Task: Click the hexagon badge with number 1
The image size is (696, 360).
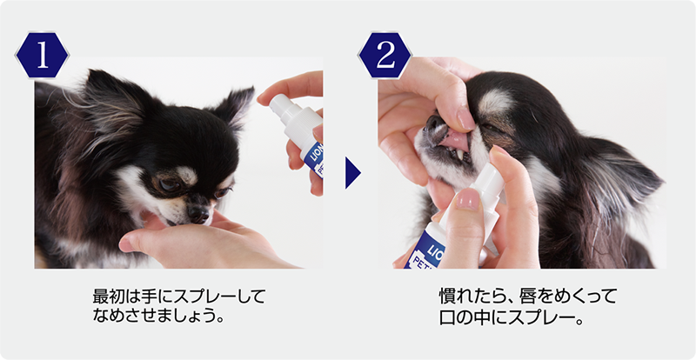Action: click(42, 56)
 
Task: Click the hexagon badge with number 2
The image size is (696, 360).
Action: click(385, 56)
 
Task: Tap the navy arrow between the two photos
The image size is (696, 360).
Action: click(352, 172)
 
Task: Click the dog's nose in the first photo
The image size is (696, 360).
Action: click(198, 214)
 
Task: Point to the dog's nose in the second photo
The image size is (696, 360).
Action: click(434, 122)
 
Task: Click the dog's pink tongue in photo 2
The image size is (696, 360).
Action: click(454, 141)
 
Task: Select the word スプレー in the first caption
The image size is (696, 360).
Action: click(211, 297)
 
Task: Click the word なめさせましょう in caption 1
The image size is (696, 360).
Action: click(151, 317)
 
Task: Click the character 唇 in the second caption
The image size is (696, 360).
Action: click(519, 297)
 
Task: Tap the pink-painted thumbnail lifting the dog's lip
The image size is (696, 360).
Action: click(466, 119)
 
